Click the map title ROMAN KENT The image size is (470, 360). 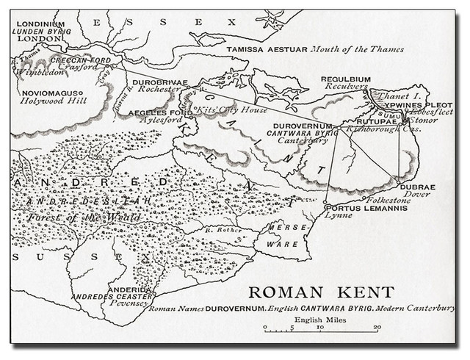pos(320,292)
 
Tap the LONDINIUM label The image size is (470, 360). pos(40,24)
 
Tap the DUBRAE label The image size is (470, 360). pos(418,187)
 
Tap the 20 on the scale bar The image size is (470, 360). pos(376,328)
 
